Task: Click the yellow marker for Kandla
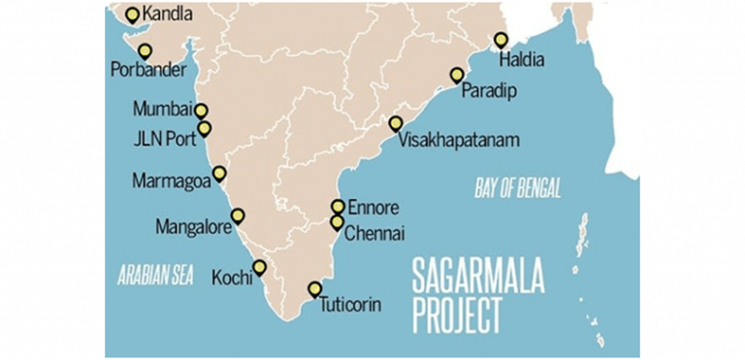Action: [x=133, y=15]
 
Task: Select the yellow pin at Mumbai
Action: [x=201, y=111]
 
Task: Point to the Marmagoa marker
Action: [x=219, y=174]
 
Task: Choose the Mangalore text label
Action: [x=192, y=228]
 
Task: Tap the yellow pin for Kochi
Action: [x=259, y=267]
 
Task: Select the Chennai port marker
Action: [x=337, y=222]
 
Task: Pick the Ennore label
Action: [x=372, y=207]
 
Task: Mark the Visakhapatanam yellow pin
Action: [x=396, y=123]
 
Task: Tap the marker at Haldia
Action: [x=501, y=40]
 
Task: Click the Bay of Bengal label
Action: [x=518, y=188]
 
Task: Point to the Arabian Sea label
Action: [x=155, y=275]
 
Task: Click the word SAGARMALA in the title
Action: [x=477, y=277]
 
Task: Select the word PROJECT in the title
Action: [x=457, y=317]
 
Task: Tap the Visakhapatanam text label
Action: [x=459, y=141]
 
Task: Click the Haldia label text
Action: [x=521, y=59]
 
